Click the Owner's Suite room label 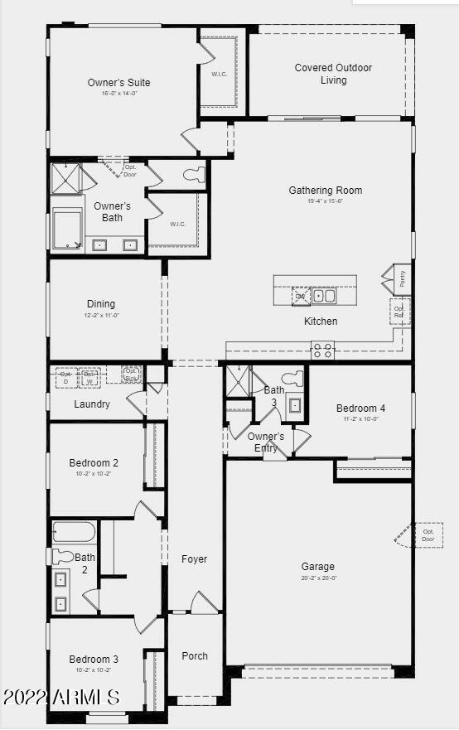click(118, 82)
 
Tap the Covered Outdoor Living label click(333, 74)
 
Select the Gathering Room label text click(325, 190)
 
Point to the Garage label click(317, 567)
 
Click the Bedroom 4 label click(360, 408)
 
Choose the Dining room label click(101, 303)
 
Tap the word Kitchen click(321, 321)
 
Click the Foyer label click(194, 559)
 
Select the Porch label click(195, 655)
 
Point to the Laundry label click(92, 404)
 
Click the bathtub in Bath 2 click(74, 532)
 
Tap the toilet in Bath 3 click(292, 379)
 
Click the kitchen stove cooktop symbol click(322, 350)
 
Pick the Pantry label click(402, 280)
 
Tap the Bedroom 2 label click(93, 462)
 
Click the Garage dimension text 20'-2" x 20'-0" click(317, 578)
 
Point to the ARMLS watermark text click(61, 698)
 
